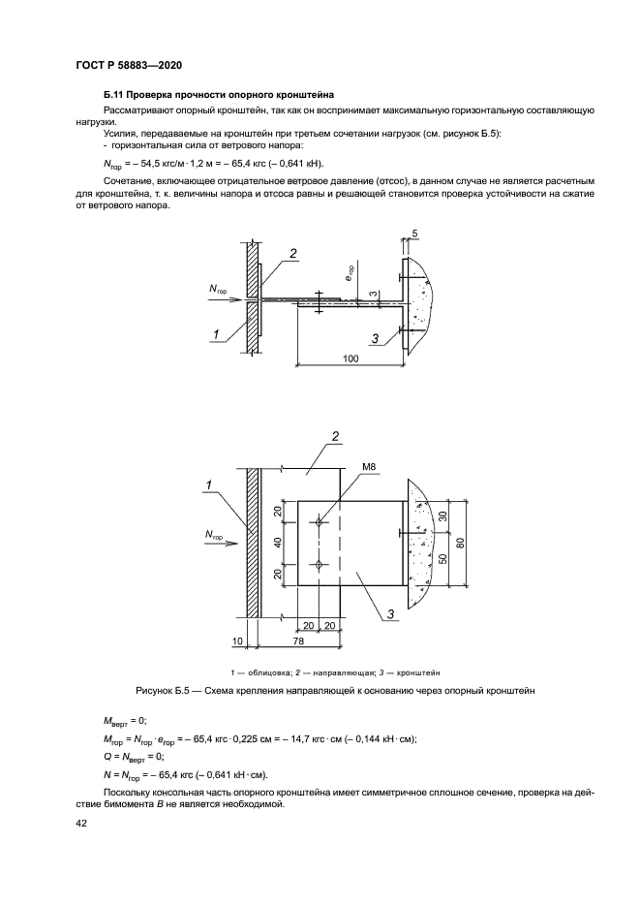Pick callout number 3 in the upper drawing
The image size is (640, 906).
(373, 336)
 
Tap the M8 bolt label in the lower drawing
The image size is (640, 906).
(368, 468)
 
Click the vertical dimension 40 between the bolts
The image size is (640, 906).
(277, 543)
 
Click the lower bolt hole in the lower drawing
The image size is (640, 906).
(319, 564)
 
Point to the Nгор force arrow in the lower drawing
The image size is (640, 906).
(228, 544)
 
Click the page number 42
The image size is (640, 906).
(80, 823)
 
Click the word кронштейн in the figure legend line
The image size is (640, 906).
(430, 672)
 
